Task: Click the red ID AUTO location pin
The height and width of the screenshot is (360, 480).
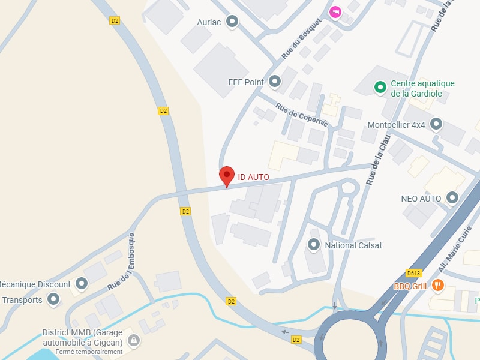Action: click(226, 175)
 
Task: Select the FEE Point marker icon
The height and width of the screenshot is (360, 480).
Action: click(275, 82)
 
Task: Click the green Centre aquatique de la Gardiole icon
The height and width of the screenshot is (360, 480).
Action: click(380, 88)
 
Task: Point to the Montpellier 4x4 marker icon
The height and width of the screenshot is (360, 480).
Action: click(436, 124)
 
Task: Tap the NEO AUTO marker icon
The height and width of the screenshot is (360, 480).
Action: click(452, 197)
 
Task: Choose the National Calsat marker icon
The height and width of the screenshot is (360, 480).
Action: click(313, 245)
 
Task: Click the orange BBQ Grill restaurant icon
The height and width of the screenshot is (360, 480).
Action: click(439, 286)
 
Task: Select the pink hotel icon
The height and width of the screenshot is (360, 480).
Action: click(335, 11)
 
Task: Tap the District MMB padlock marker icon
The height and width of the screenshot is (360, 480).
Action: click(133, 341)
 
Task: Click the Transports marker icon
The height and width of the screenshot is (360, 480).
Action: click(54, 299)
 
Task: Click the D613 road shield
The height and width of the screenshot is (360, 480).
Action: click(413, 273)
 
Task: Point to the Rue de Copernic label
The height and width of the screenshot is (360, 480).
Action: click(302, 115)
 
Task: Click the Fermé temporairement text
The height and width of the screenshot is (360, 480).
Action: click(89, 352)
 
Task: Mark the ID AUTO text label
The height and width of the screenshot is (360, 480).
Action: click(253, 177)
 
